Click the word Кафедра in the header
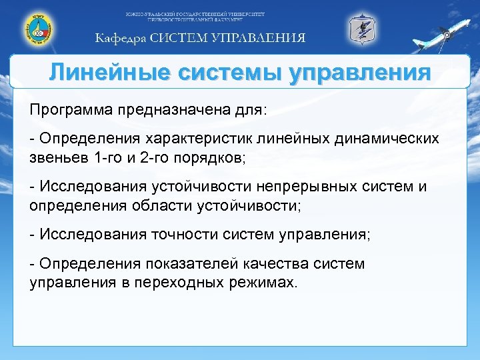click(119, 38)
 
